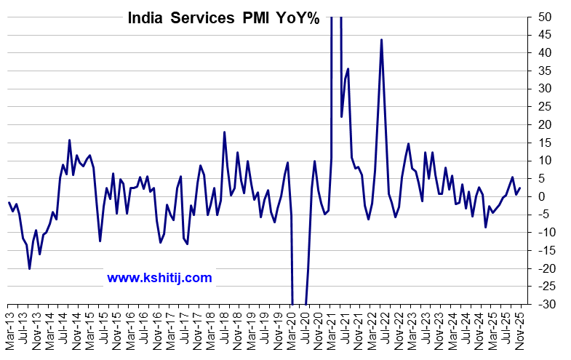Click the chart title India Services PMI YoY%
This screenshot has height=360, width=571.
[x=223, y=19]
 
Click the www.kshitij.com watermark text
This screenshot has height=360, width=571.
[x=159, y=277]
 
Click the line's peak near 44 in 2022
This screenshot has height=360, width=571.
[x=381, y=40]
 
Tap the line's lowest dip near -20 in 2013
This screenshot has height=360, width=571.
[x=29, y=268]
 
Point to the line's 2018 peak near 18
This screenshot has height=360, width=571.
[x=224, y=132]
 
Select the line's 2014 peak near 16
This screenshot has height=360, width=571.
[x=69, y=140]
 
